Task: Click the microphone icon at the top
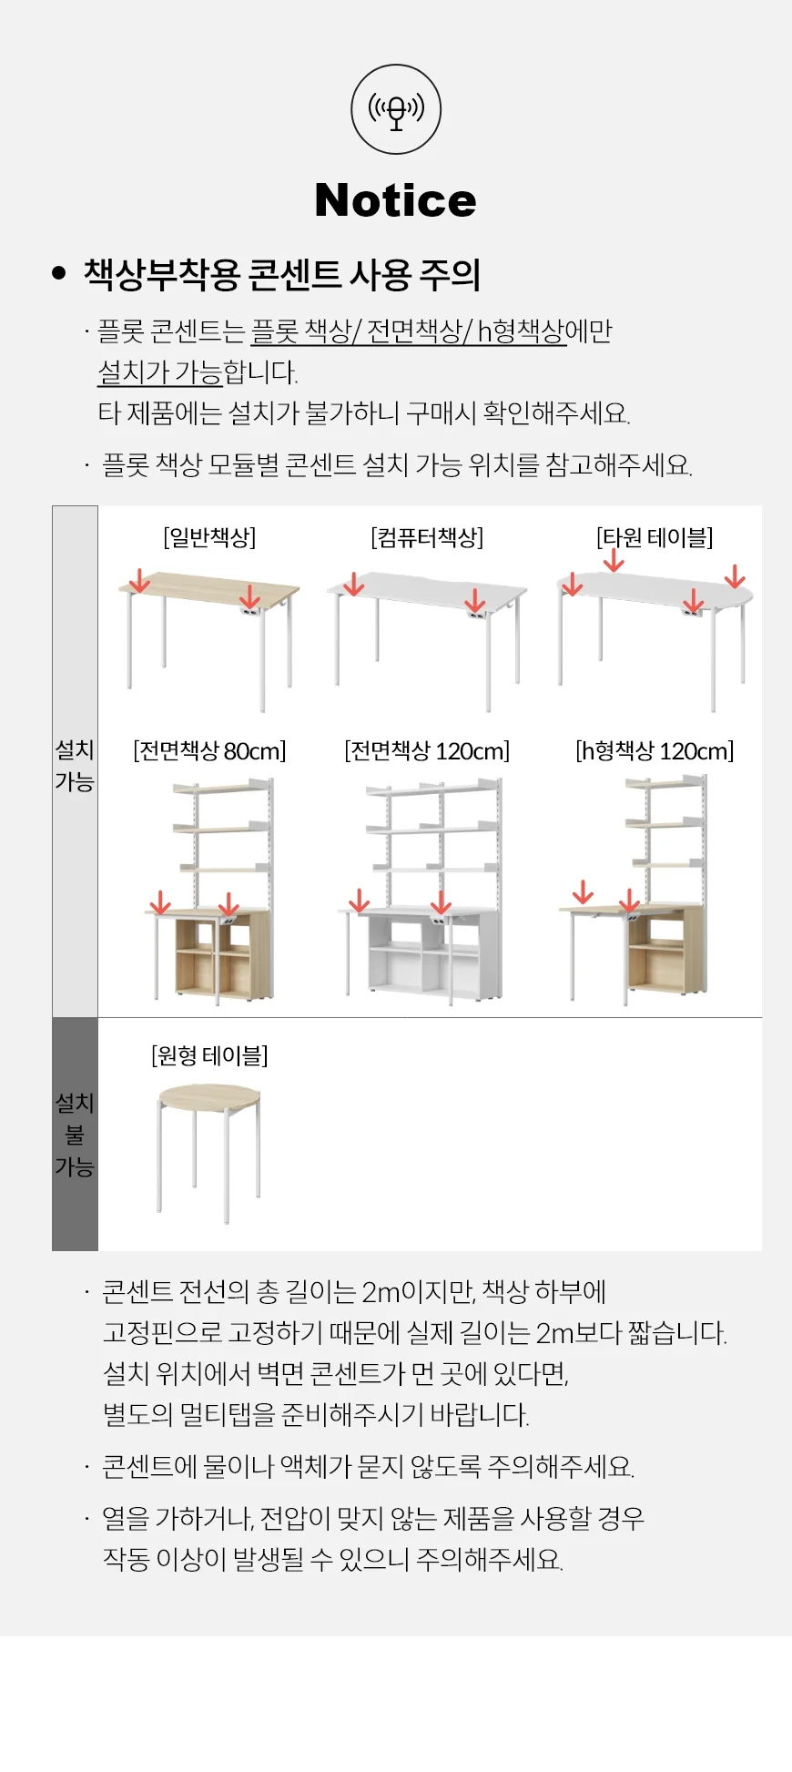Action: click(x=396, y=109)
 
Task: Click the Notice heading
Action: click(x=395, y=200)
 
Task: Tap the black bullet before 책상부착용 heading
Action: click(x=59, y=273)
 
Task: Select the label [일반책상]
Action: click(x=209, y=537)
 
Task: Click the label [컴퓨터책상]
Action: click(x=427, y=537)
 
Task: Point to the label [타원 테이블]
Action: click(x=655, y=537)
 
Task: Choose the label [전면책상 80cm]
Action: click(x=209, y=751)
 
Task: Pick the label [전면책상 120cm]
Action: click(x=427, y=751)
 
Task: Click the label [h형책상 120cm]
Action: click(x=655, y=751)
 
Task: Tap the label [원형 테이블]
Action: click(x=209, y=1055)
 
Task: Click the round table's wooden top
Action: click(x=209, y=1096)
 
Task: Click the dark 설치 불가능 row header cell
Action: click(x=75, y=1134)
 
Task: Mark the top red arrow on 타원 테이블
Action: click(x=614, y=562)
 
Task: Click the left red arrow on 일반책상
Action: click(x=139, y=580)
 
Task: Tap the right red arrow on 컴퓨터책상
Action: click(x=475, y=601)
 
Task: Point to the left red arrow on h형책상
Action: click(x=583, y=892)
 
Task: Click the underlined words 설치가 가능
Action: click(x=160, y=372)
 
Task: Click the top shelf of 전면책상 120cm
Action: click(x=433, y=789)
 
